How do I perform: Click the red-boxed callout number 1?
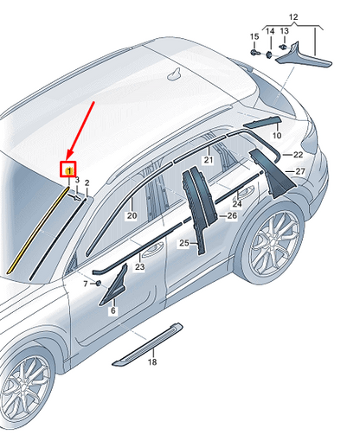(67, 169)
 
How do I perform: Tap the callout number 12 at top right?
(292, 17)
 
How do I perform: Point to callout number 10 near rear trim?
(277, 136)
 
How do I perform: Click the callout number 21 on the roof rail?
(208, 161)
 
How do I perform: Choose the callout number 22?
(299, 155)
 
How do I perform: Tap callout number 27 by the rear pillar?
(300, 172)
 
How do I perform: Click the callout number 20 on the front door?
(132, 215)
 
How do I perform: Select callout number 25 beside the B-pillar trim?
(183, 244)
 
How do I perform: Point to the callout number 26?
(232, 215)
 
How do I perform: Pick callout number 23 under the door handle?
(138, 267)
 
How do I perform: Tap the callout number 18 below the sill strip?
(153, 362)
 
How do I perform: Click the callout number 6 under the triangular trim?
(112, 310)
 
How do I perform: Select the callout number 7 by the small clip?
(87, 284)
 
